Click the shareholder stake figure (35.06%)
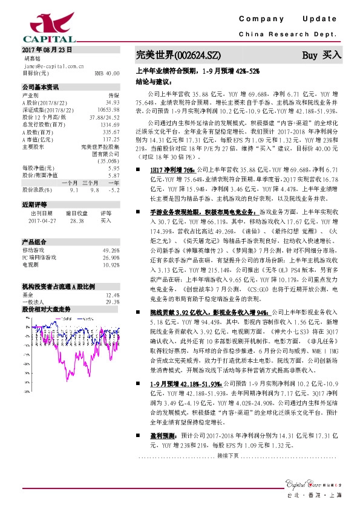(107, 160)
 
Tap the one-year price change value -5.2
(113, 189)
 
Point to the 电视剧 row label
(30, 264)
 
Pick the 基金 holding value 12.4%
(113, 295)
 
